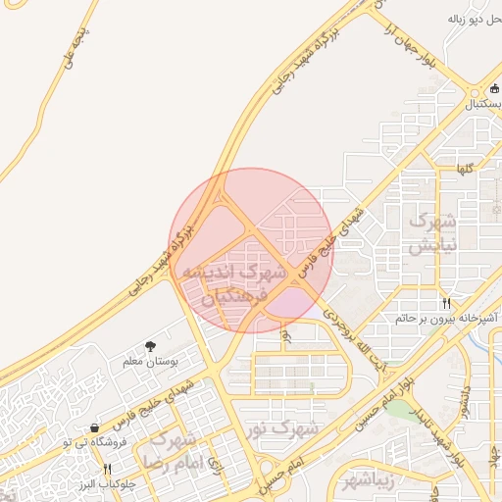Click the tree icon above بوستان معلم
150,346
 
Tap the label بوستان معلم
150,362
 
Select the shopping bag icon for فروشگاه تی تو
94,427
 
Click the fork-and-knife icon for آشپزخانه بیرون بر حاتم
447,303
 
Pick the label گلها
464,169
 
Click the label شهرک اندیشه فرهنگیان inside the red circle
243,282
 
